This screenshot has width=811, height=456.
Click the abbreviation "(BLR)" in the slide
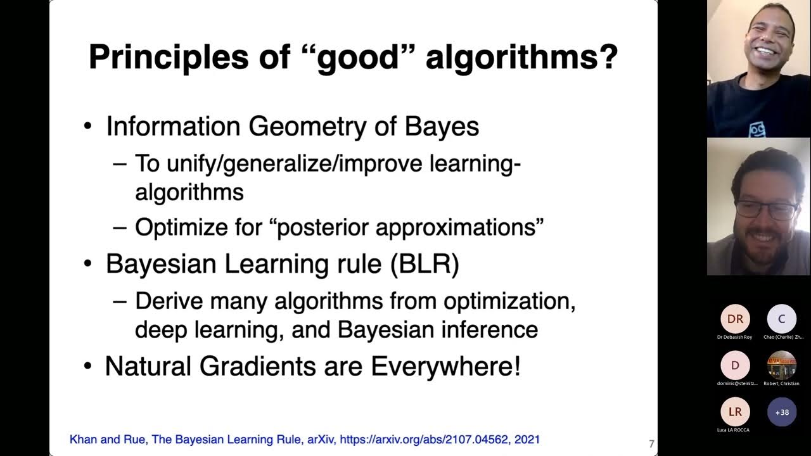click(x=425, y=263)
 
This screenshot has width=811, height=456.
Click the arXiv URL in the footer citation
click(x=425, y=439)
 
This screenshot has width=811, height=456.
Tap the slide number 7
click(x=651, y=444)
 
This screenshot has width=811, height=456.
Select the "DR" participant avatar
click(x=735, y=319)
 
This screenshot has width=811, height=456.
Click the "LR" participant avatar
click(x=735, y=412)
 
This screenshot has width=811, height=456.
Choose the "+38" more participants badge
click(x=782, y=412)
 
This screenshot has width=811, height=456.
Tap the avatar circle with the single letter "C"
click(x=782, y=319)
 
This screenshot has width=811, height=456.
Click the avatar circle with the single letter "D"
click(x=735, y=365)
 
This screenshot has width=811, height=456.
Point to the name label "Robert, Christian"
click(x=782, y=383)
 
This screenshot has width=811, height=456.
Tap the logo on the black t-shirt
click(x=757, y=130)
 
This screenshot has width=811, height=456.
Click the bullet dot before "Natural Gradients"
click(x=88, y=367)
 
